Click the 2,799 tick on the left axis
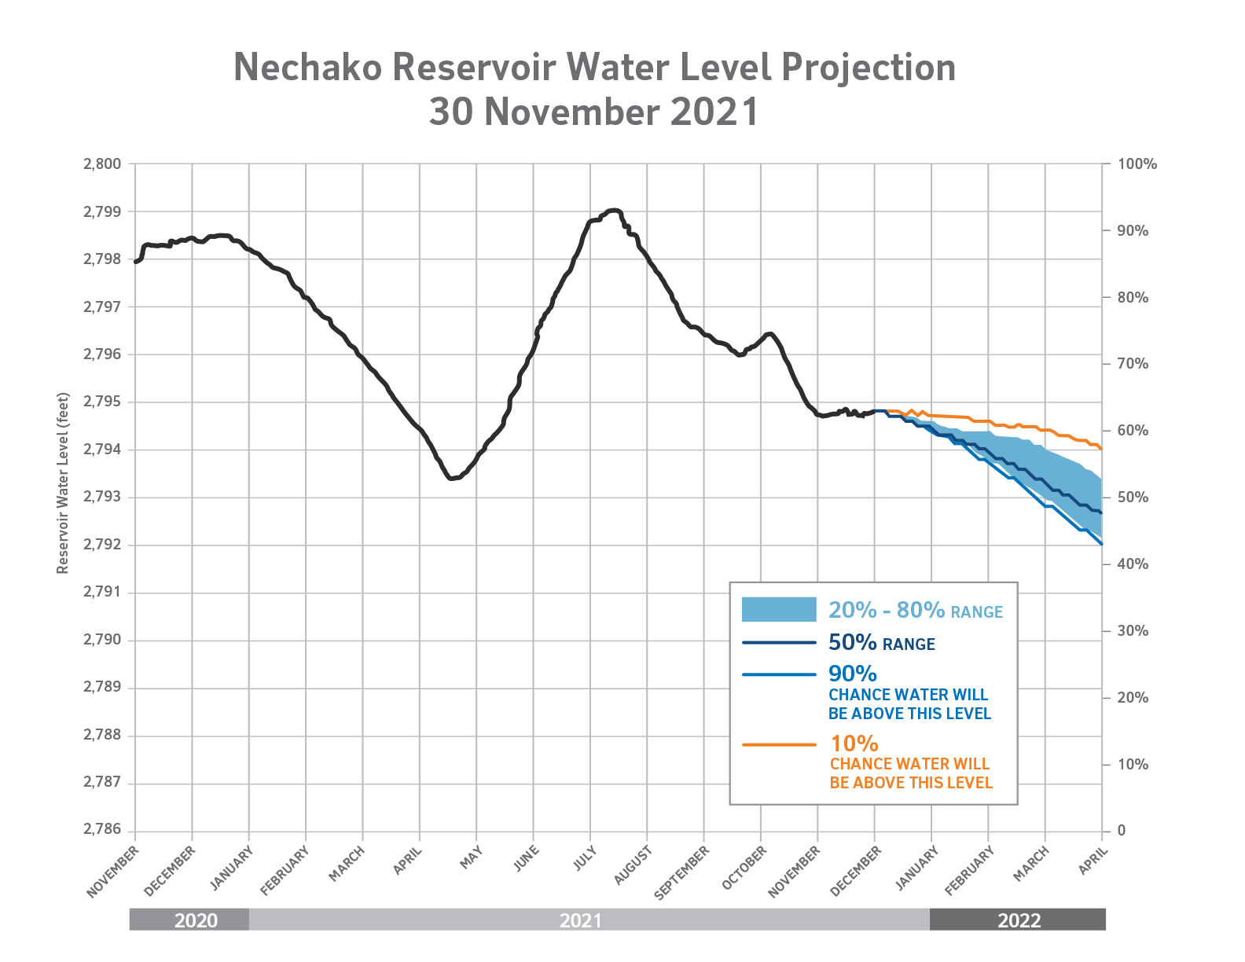coord(102,211)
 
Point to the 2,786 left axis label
coord(102,830)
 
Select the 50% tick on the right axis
coord(1133,498)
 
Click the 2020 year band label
coord(196,920)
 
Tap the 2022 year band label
coord(1019,920)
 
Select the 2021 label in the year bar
coord(580,920)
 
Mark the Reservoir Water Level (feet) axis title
coord(63,483)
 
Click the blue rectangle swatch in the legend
coord(778,609)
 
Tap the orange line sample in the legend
coord(778,744)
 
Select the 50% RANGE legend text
coord(881,644)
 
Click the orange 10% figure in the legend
coord(854,743)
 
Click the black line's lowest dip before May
coord(450,478)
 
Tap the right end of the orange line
coord(1101,449)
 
